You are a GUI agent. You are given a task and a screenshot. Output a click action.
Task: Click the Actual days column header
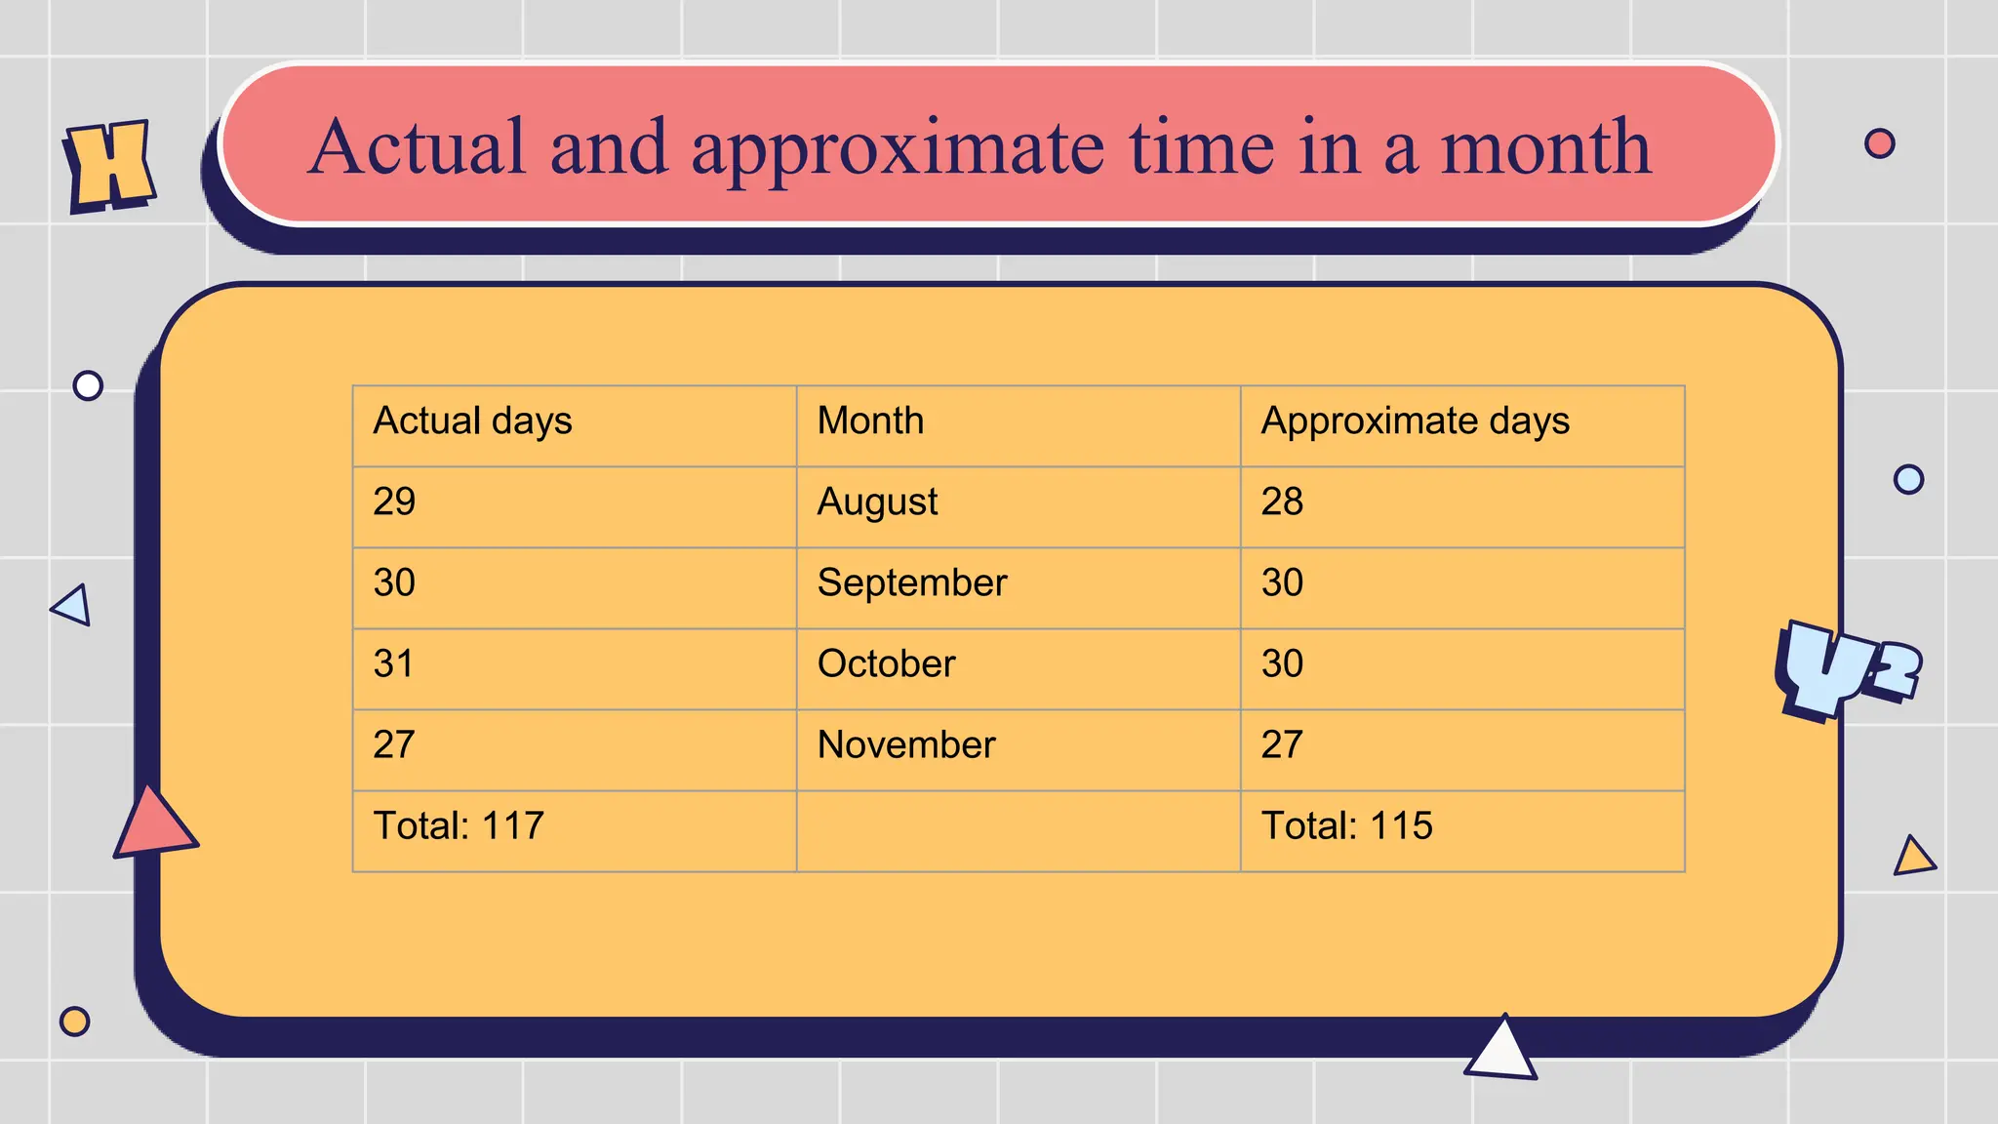coord(473,421)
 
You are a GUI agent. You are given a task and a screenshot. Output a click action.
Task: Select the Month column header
coord(870,421)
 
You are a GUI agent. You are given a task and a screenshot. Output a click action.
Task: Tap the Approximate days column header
coord(1415,421)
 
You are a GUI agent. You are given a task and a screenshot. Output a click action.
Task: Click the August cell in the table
coord(877,502)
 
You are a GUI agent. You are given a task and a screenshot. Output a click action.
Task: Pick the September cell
coord(912,583)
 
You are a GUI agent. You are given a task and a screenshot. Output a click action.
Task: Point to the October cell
coord(886,664)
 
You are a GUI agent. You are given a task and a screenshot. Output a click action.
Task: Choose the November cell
coord(906,745)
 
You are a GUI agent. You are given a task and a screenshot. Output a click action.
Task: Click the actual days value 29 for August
coord(394,502)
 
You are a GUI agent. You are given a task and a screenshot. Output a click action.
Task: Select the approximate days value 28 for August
coord(1282,502)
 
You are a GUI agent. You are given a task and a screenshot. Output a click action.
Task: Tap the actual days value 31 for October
coord(394,664)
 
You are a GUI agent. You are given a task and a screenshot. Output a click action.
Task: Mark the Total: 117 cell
coord(459,826)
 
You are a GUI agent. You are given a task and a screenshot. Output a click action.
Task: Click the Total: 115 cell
coord(1346,826)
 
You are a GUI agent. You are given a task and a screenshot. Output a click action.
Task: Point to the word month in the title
coord(1545,148)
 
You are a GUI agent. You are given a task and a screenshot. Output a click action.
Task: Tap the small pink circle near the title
coord(1879,143)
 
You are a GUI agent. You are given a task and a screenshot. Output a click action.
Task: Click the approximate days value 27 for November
coord(1282,745)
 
